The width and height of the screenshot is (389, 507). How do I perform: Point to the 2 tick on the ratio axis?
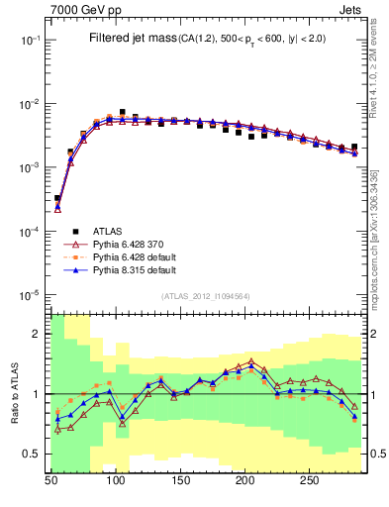(40, 334)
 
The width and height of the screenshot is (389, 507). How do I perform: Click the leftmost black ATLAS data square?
(57, 198)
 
